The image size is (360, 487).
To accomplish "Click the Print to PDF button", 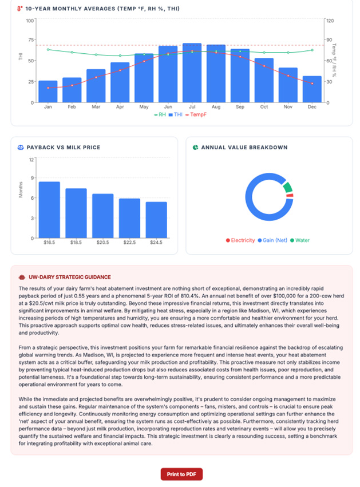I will click(x=181, y=474).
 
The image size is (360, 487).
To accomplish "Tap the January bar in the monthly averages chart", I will click(x=48, y=92).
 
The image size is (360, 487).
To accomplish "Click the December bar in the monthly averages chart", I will click(x=312, y=89).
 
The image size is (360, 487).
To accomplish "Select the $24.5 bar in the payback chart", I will click(x=156, y=220).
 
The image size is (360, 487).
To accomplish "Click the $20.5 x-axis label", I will click(x=103, y=243).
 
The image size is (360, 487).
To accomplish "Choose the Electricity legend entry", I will click(x=240, y=240).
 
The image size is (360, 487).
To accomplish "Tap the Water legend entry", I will click(x=300, y=240).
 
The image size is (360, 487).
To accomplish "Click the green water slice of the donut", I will click(x=288, y=188).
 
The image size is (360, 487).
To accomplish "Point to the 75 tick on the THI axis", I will click(x=30, y=40).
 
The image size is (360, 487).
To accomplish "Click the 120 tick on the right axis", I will click(x=331, y=21).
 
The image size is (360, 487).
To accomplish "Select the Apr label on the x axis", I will click(x=120, y=107).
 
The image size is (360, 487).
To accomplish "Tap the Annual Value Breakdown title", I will click(x=244, y=147).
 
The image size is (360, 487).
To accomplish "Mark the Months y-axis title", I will click(x=21, y=190).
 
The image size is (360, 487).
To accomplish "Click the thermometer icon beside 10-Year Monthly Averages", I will click(x=20, y=9).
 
